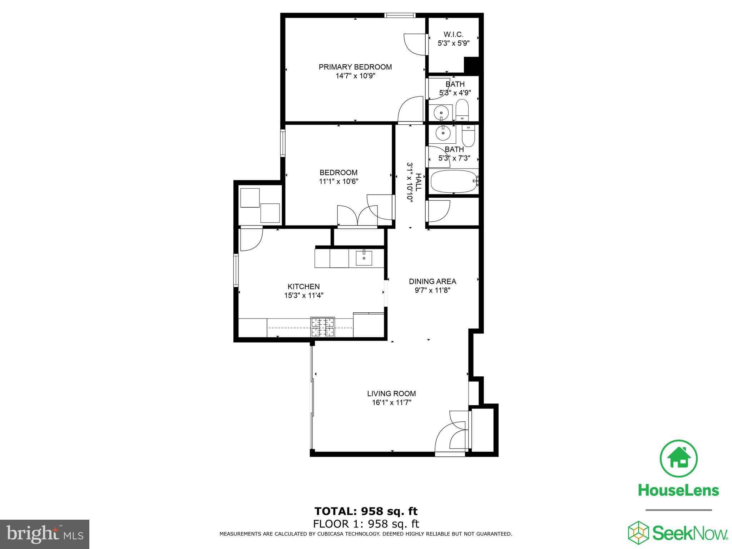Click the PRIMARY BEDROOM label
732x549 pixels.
[355, 67]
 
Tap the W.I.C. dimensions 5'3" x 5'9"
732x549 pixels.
[453, 43]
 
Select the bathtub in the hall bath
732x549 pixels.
[453, 181]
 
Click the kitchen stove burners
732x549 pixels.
[323, 327]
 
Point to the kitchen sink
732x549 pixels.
[363, 258]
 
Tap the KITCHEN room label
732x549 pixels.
[303, 286]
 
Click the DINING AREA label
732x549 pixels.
[432, 281]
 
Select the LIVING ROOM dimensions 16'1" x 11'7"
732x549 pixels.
[391, 402]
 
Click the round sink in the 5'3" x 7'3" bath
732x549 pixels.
[443, 133]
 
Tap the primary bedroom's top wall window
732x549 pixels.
[400, 15]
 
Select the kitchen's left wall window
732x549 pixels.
[236, 270]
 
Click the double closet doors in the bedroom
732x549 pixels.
[357, 216]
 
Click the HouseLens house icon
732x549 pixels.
[678, 459]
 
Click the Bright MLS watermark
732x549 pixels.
[45, 534]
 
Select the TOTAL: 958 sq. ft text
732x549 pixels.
[366, 511]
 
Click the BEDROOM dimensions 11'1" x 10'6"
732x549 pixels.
[338, 181]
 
